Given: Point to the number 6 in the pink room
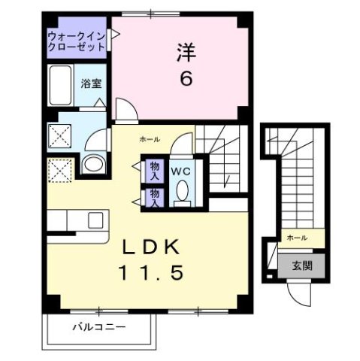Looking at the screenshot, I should point(184,77).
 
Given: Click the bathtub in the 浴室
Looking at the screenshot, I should point(61,82).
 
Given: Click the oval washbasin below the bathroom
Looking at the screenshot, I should point(92,164).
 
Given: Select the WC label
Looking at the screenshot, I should point(181,171).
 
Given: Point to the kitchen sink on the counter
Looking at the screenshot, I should point(95,220).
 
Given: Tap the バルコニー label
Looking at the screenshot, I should point(98,326).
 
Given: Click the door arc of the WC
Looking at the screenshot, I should point(182,143).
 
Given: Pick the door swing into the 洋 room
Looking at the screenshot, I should point(126,111).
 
